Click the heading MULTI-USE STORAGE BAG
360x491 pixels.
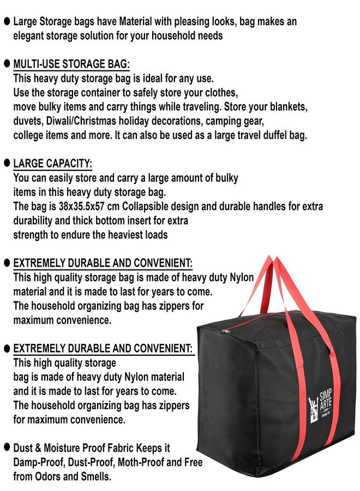(x=71, y=64)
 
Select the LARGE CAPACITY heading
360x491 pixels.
(x=53, y=164)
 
